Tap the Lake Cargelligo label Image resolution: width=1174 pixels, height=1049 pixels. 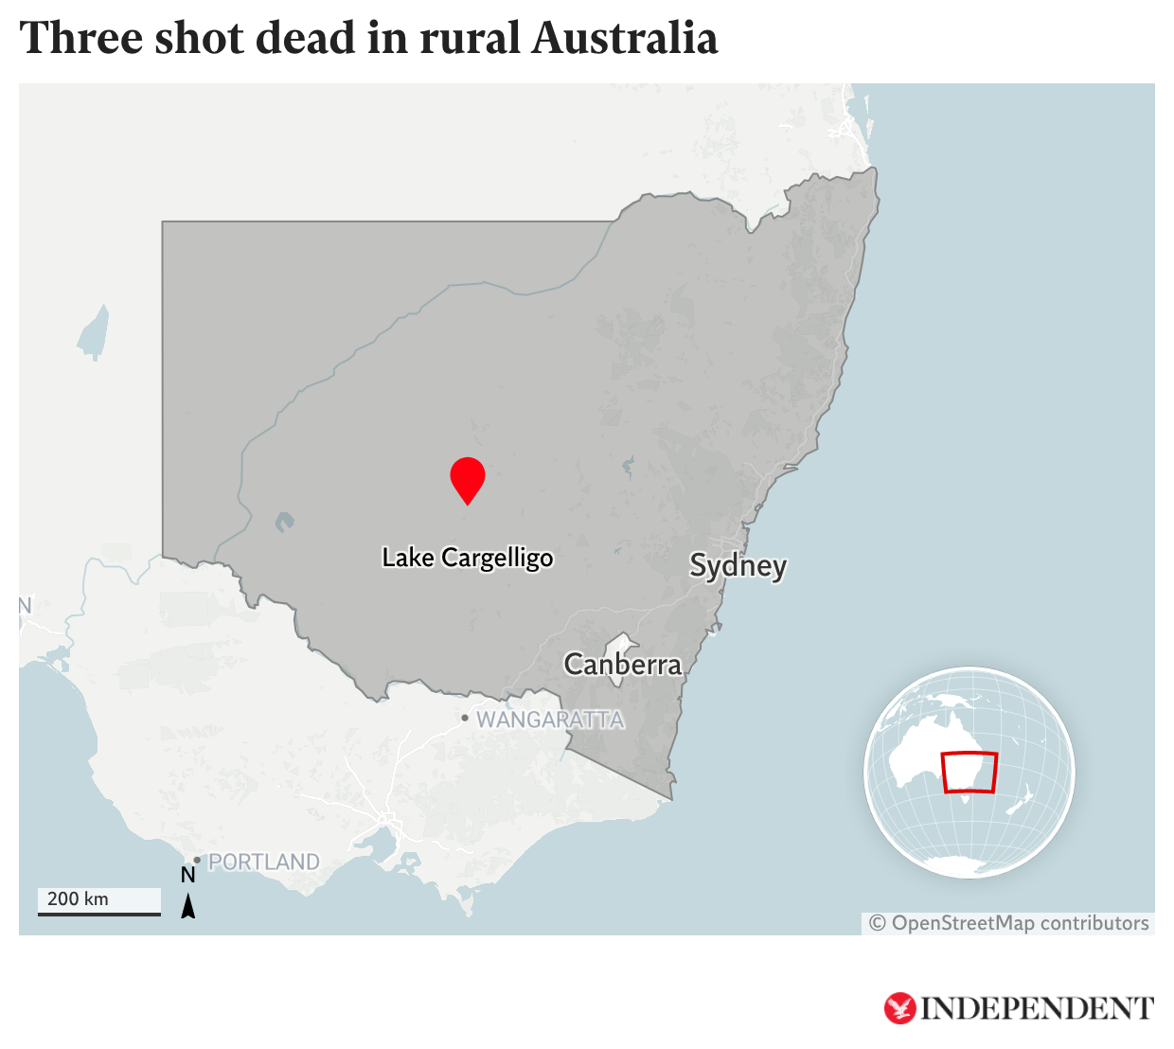[x=468, y=558]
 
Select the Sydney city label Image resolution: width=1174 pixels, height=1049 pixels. [x=738, y=566]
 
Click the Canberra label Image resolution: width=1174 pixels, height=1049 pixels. [x=622, y=665]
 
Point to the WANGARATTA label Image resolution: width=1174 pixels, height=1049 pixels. [x=550, y=720]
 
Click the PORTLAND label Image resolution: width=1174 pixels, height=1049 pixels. [x=263, y=862]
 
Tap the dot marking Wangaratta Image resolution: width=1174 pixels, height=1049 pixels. [x=465, y=718]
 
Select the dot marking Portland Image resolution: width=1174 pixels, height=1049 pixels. [x=197, y=860]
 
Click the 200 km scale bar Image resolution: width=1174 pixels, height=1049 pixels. [x=99, y=913]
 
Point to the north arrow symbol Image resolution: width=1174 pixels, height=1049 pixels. [x=188, y=906]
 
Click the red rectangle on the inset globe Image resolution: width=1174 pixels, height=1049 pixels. [x=969, y=772]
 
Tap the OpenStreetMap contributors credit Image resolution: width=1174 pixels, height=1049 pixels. [x=1009, y=923]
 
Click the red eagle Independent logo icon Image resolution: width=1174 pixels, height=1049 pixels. [x=899, y=1008]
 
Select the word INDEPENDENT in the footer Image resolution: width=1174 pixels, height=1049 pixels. [x=1038, y=1009]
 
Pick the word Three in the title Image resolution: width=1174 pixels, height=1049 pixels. [x=79, y=39]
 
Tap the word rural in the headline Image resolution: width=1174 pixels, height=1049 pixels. [x=470, y=39]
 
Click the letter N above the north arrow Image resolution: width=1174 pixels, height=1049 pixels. [x=188, y=876]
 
